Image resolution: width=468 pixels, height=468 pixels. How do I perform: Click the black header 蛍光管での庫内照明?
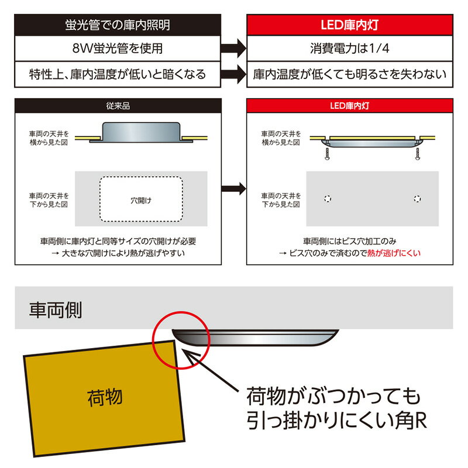point(118,25)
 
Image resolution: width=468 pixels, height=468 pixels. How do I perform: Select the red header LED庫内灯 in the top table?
point(349,25)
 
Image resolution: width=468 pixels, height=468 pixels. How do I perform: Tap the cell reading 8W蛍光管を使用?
point(118,49)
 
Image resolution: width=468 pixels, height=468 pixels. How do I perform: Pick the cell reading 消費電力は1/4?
point(349,49)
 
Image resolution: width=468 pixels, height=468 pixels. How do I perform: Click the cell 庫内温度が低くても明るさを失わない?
point(349,74)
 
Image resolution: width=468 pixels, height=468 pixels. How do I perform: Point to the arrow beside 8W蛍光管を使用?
point(233,48)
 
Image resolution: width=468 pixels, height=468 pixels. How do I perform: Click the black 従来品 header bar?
point(118,106)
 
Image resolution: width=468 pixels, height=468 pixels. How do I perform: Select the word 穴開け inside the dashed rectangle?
point(141,200)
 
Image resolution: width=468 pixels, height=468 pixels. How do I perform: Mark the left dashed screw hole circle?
point(328,199)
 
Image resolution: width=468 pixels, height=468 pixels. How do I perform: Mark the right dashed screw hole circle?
point(417,199)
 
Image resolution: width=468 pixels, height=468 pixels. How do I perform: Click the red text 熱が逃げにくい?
point(394,253)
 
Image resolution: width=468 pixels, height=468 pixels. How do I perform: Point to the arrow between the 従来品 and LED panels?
point(233,188)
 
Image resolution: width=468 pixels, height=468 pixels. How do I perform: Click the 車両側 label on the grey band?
point(56,310)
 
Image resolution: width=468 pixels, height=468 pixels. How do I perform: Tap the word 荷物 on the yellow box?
point(105,398)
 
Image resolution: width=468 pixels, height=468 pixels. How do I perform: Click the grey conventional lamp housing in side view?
point(141,132)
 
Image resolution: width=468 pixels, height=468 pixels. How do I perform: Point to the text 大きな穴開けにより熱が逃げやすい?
point(123,253)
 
